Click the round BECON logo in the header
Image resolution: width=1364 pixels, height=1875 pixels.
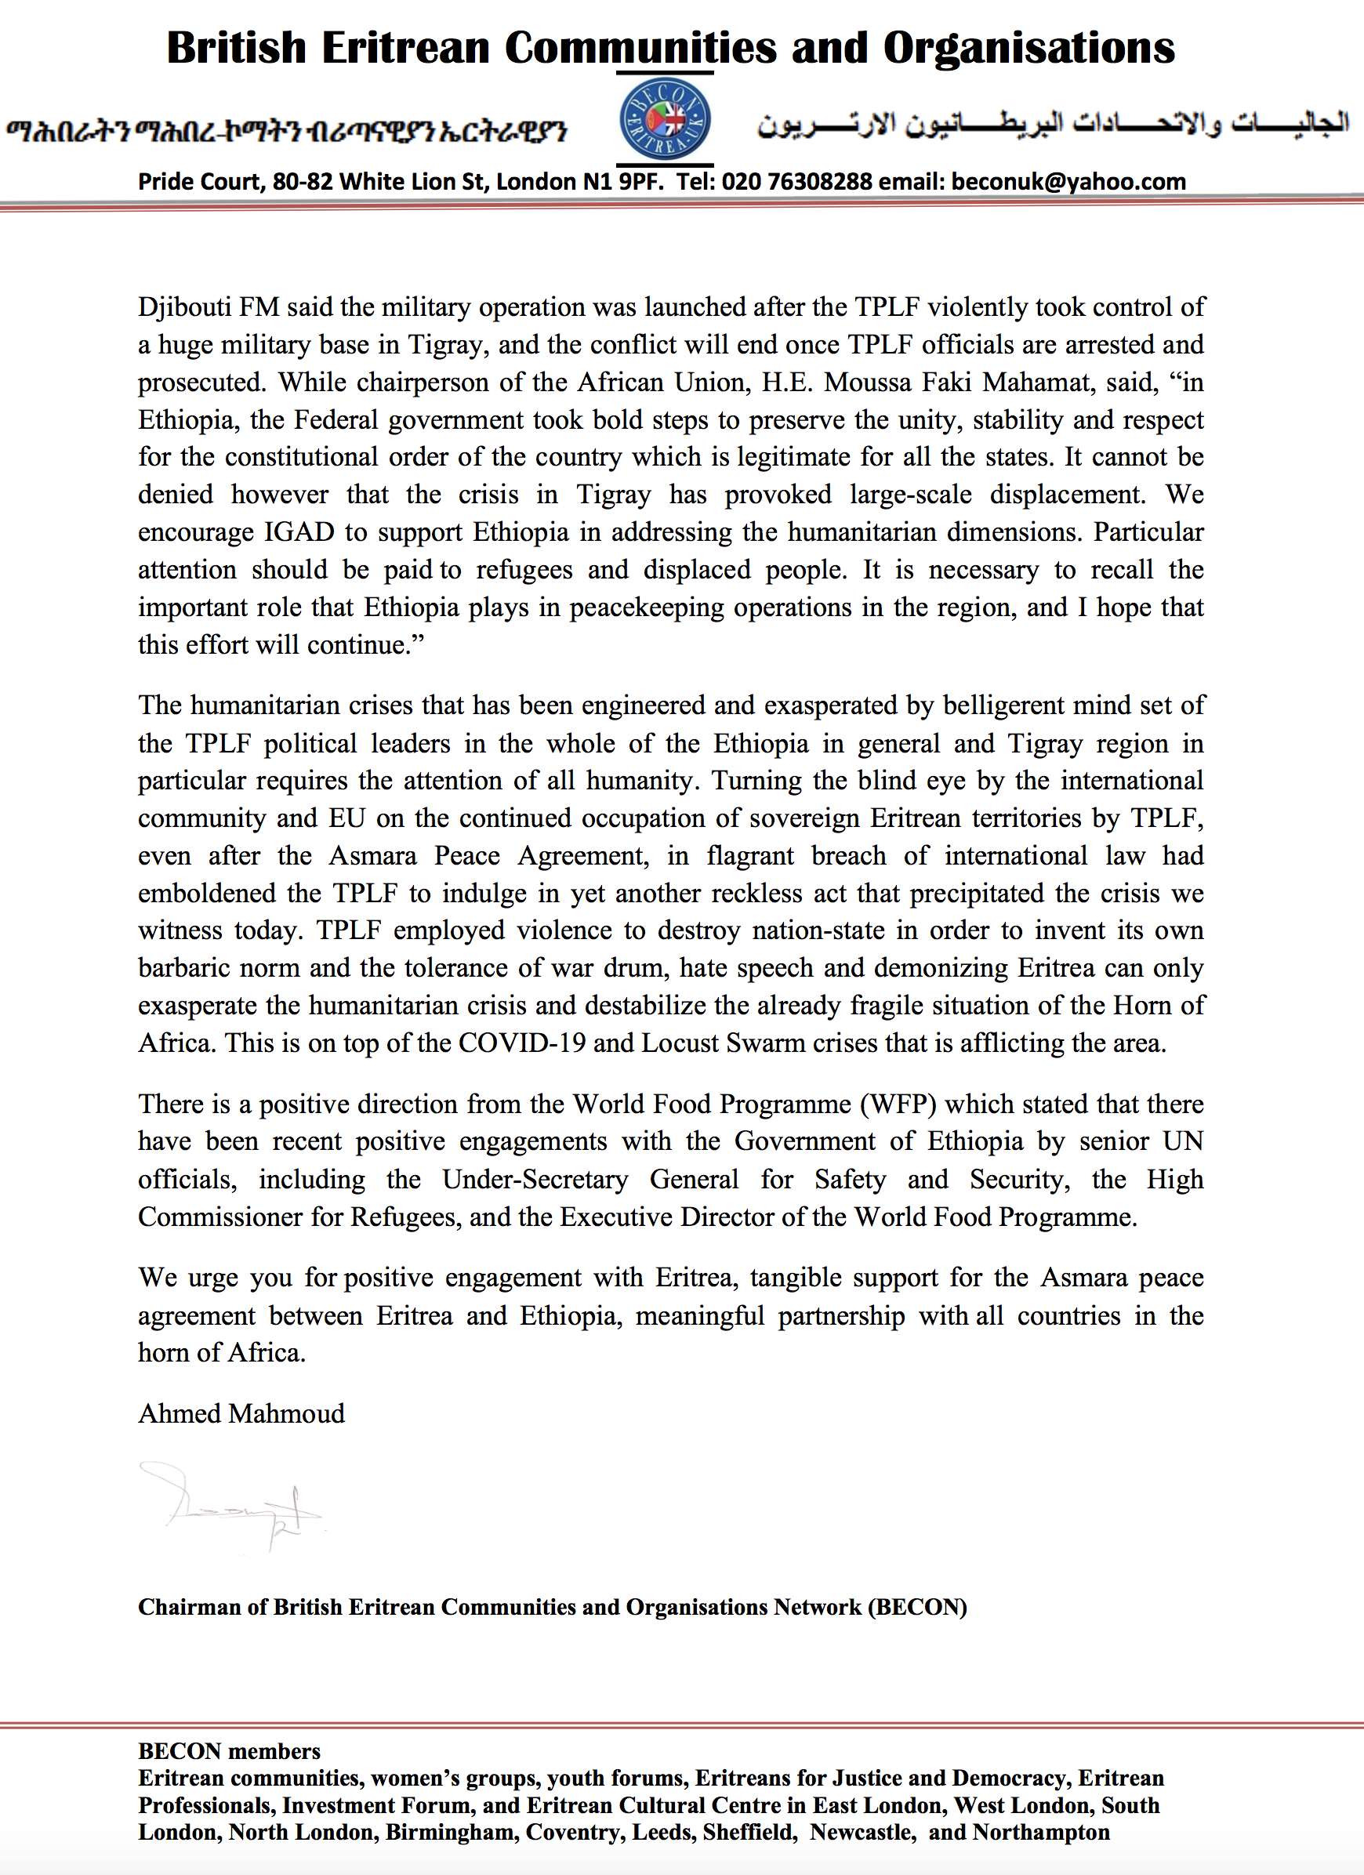click(x=666, y=119)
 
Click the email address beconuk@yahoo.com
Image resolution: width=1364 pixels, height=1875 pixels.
click(x=1068, y=182)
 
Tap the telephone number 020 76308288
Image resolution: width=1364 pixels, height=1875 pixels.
click(x=796, y=182)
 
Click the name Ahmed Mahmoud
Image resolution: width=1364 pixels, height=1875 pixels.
click(x=241, y=1413)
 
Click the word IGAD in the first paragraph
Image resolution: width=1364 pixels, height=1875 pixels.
click(x=299, y=531)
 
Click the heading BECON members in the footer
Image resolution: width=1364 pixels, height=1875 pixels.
click(x=229, y=1751)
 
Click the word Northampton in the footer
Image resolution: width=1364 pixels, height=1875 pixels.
click(x=1041, y=1833)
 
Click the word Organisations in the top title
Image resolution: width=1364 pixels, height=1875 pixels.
click(x=1028, y=48)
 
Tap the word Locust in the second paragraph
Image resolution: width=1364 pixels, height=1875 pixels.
click(x=680, y=1043)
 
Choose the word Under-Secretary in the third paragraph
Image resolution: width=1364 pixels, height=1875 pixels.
click(x=535, y=1180)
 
